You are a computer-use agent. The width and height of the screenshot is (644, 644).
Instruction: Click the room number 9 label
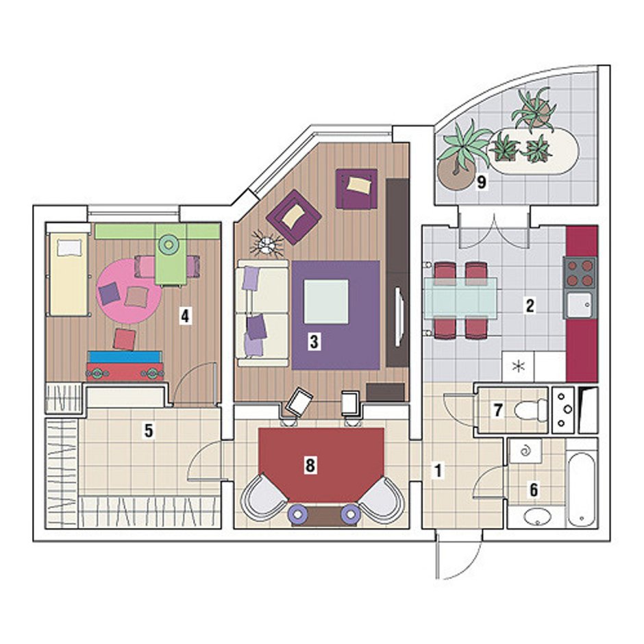tap(482, 182)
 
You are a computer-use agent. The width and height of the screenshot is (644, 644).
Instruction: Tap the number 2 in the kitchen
tap(530, 306)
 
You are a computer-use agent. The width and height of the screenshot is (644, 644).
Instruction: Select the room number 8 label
tap(310, 465)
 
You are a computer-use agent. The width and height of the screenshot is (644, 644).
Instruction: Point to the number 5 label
tap(148, 430)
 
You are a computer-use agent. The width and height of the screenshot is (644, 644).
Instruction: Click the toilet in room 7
tap(530, 410)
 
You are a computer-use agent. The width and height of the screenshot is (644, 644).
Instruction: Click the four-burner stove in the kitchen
tap(580, 272)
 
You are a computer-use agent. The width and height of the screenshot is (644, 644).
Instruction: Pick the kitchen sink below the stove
tap(580, 305)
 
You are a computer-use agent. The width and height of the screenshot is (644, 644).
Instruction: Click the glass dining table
tap(460, 298)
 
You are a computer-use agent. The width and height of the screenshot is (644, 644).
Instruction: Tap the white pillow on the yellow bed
tap(69, 247)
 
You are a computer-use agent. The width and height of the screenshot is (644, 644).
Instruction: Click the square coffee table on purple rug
tap(325, 301)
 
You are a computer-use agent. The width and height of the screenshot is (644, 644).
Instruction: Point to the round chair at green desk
tap(169, 244)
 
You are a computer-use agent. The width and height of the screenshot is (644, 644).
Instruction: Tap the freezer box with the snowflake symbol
tap(519, 366)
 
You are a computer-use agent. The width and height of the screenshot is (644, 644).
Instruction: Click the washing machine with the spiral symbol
tap(525, 451)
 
